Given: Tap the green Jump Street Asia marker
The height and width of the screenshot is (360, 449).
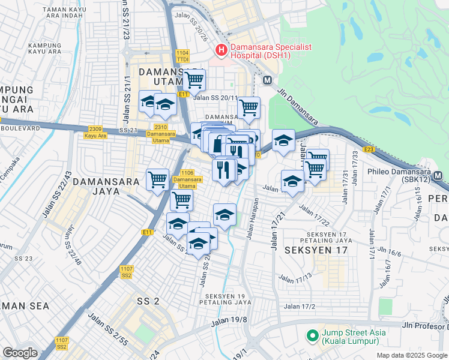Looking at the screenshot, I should [x=312, y=335].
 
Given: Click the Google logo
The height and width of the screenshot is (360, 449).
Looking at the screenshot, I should [x=20, y=353].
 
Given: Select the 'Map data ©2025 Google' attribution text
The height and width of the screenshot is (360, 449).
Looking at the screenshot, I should [x=411, y=355].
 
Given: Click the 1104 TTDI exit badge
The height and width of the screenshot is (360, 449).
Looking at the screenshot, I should [x=182, y=56].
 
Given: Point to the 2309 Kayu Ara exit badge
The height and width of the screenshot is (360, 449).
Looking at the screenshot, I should [x=95, y=132].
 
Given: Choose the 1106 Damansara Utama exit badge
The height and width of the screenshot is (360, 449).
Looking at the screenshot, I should [x=187, y=176].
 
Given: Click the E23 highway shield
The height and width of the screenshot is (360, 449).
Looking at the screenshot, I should [x=369, y=149].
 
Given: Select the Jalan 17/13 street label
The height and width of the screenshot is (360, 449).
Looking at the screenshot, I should [x=295, y=277].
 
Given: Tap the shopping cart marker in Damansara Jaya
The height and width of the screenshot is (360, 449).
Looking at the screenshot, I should [x=157, y=179].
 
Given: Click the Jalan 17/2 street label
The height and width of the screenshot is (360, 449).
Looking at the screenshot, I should [x=300, y=307].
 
